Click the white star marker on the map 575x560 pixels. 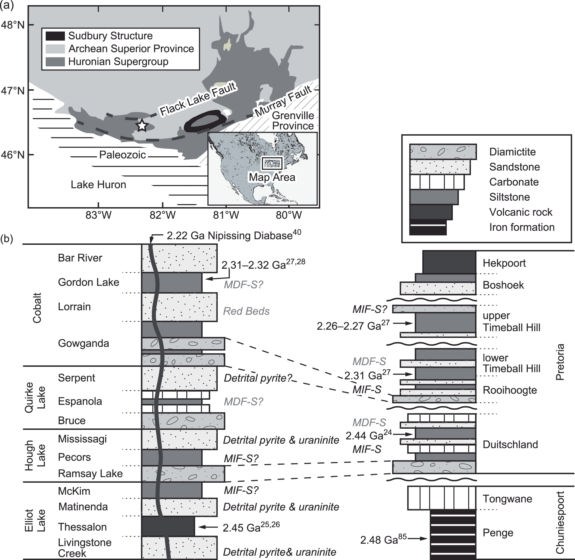point(142,126)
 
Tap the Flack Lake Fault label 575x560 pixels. point(198,99)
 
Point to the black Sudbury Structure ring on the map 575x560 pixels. point(206,113)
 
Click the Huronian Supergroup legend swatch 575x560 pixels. point(55,62)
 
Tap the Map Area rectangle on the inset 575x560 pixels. point(272,163)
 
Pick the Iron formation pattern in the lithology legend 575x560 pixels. point(428,227)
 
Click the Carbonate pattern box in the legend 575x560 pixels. point(437,182)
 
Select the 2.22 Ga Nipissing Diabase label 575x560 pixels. point(234,236)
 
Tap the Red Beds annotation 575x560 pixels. point(246,311)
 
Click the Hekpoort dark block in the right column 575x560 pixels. point(449,262)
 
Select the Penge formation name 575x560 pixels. point(498,533)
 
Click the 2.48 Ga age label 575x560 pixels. point(383,539)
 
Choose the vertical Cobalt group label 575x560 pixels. point(37,308)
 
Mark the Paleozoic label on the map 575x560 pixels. point(122,155)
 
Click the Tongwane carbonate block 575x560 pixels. point(441,498)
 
